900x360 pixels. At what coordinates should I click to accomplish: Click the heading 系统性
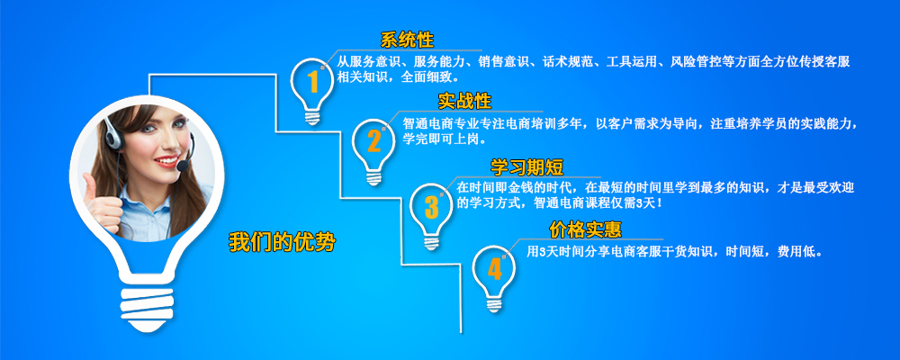407,40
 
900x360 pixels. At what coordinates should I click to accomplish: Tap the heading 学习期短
526,166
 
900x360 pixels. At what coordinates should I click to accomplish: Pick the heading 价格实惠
586,230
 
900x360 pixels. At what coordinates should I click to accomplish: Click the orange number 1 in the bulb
313,82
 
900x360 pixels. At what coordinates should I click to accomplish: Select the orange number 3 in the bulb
432,207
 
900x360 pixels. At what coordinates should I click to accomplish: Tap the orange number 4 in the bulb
495,269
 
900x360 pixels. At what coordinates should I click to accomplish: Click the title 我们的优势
282,242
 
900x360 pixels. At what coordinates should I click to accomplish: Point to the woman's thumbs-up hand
100,202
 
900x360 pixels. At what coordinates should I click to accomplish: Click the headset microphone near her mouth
183,166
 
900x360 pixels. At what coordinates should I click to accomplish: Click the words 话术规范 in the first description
565,61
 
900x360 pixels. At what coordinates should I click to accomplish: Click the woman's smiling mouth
166,161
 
